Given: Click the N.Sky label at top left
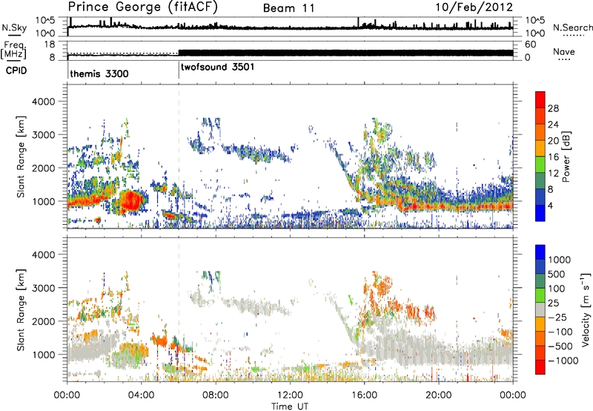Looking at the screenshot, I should [x=11, y=27].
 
